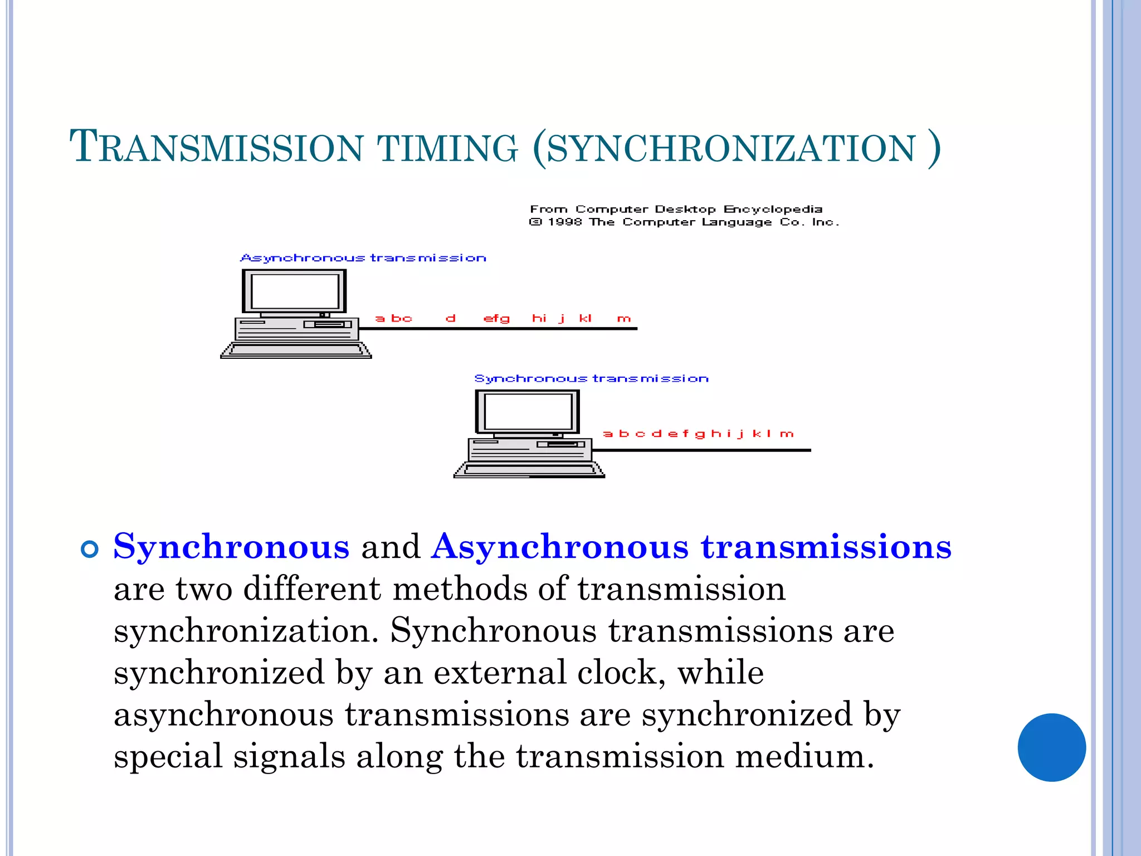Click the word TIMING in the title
pos(447,148)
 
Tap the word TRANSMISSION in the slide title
pos(216,147)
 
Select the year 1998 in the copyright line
pos(564,222)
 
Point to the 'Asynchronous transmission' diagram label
pos(363,258)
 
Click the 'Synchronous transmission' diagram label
pos(591,379)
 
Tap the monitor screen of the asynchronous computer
pos(295,291)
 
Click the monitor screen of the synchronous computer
pos(528,412)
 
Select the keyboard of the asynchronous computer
pos(296,351)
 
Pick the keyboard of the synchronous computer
pos(529,470)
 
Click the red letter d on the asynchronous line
pos(451,318)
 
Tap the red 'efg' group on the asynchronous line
pos(496,319)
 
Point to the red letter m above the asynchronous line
pos(624,319)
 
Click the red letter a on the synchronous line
pos(608,434)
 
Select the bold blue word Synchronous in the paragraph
pos(231,547)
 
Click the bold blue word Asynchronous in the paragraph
pos(560,547)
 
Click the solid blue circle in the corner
pos(1051,747)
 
